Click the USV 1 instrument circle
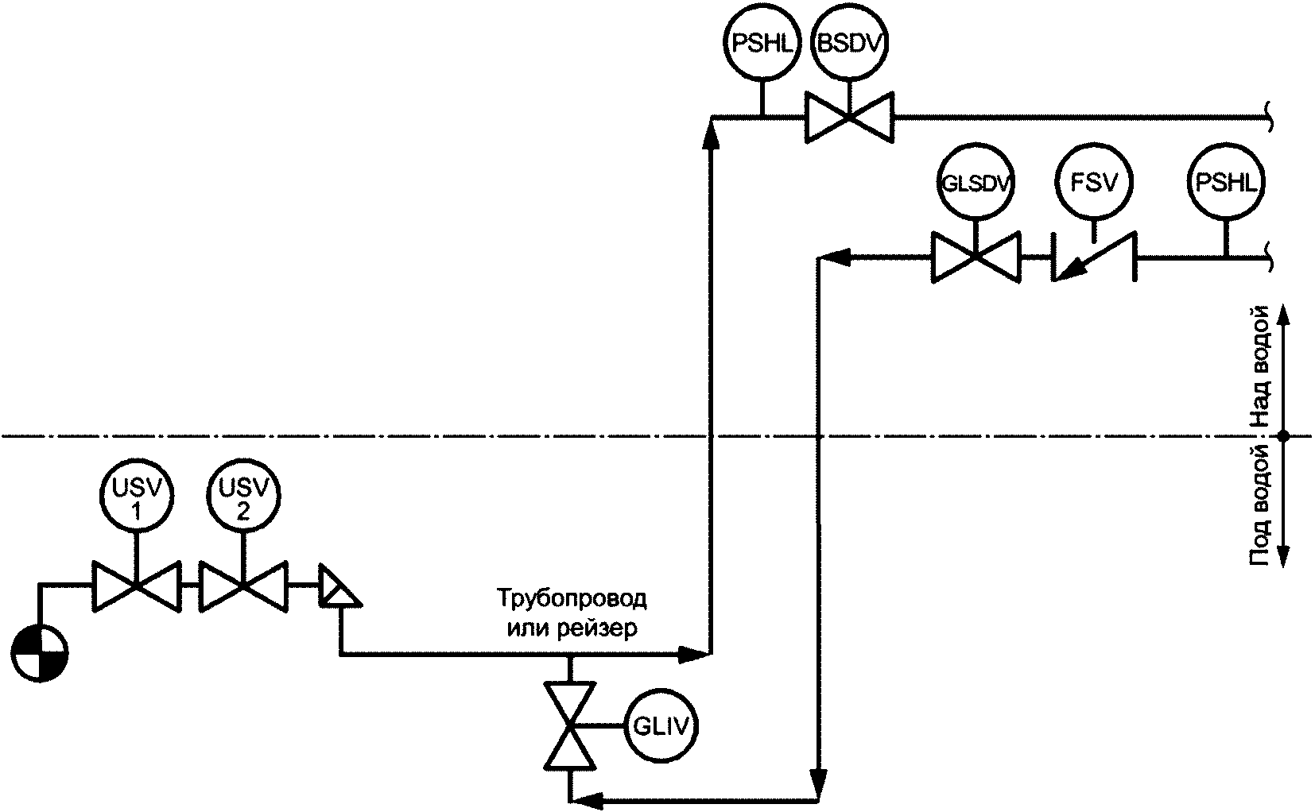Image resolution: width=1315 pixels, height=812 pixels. tap(136, 496)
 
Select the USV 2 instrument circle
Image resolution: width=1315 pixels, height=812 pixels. tap(243, 496)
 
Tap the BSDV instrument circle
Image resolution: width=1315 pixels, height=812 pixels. tap(850, 44)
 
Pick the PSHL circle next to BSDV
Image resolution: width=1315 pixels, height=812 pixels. tap(762, 44)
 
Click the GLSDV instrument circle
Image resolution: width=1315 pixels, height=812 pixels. tap(976, 183)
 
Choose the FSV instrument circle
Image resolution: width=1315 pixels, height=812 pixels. tap(1094, 183)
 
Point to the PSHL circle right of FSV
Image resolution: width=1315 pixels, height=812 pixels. tap(1226, 183)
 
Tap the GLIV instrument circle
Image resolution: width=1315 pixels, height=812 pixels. tap(661, 726)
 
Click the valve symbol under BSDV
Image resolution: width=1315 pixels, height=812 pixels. tap(849, 118)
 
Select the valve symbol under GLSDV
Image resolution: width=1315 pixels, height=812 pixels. tap(976, 257)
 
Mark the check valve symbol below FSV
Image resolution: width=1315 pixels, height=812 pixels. tap(1094, 257)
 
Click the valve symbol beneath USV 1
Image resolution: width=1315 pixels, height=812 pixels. tap(136, 586)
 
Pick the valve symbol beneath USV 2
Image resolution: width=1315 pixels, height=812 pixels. tap(243, 586)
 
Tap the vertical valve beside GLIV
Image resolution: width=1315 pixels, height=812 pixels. tap(569, 725)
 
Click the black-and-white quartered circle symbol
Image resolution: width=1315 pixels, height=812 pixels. tap(40, 653)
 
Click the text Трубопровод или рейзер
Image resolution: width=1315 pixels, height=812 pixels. tap(572, 613)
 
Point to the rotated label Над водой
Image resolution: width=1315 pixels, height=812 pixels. tap(1260, 367)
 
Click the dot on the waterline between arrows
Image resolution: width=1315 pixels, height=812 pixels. tap(1283, 436)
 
